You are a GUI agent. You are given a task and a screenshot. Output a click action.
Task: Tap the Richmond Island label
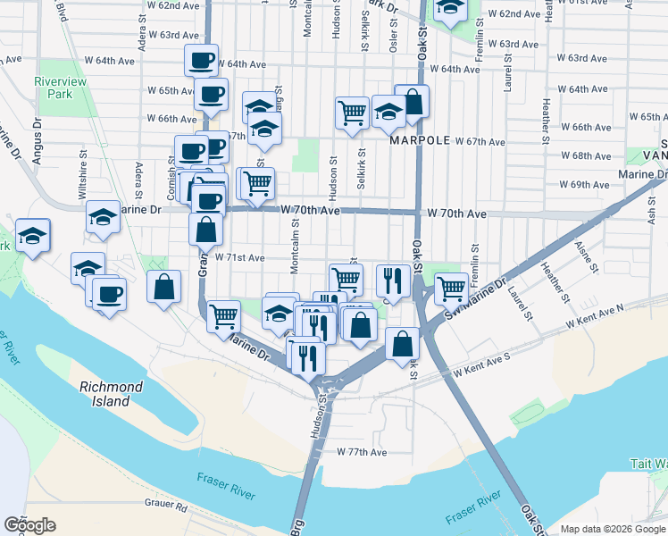click(x=111, y=393)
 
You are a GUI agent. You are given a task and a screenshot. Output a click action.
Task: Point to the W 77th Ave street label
click(x=362, y=452)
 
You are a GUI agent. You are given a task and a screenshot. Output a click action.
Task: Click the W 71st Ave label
click(x=239, y=257)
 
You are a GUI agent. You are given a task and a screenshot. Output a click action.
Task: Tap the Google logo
click(x=29, y=525)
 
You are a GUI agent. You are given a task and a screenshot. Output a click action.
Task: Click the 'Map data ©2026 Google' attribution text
click(x=612, y=529)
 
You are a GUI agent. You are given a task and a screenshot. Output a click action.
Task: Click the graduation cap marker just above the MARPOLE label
click(x=388, y=113)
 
